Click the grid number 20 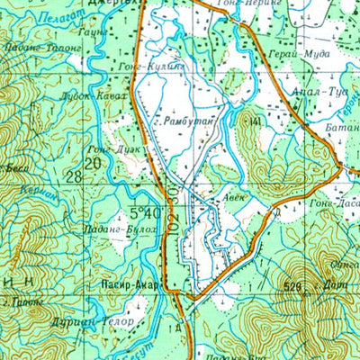[93, 162]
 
